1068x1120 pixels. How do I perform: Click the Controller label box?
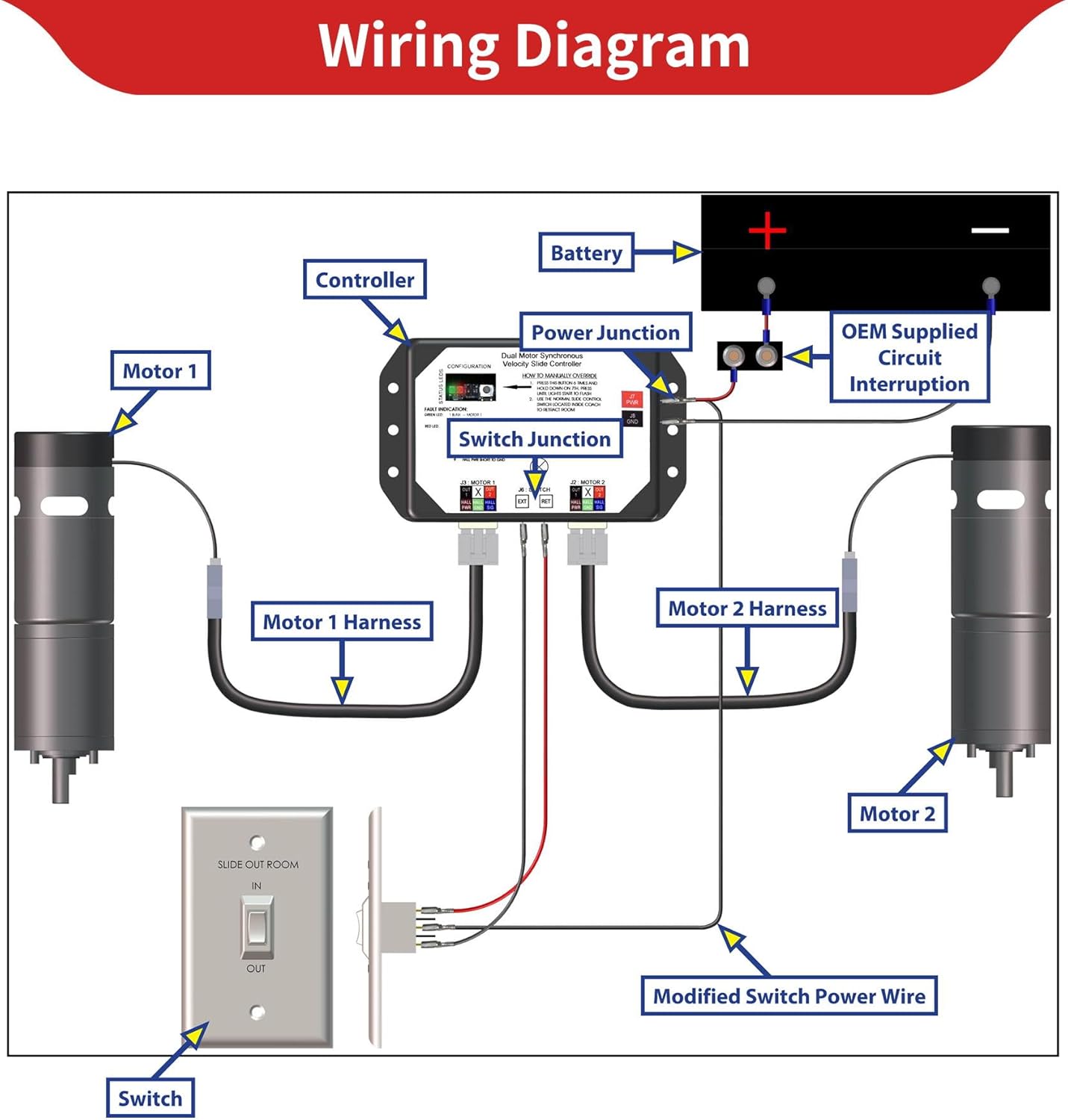click(x=365, y=280)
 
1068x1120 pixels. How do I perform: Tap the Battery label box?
click(x=586, y=253)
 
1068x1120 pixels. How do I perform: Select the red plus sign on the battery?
click(x=767, y=230)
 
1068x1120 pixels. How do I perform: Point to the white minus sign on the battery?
click(x=990, y=230)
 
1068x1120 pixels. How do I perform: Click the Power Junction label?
click(x=605, y=332)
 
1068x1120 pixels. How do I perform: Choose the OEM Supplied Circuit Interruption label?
click(x=909, y=358)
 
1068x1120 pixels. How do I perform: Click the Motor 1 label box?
click(x=160, y=371)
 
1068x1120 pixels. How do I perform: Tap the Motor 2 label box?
click(x=897, y=814)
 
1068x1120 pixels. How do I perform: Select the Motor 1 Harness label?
click(x=342, y=622)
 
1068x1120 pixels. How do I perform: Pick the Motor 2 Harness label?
click(x=747, y=609)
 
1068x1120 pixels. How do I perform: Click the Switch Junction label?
click(x=534, y=439)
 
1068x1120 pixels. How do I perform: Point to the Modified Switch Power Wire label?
click(x=789, y=996)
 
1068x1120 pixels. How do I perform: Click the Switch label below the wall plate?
click(x=150, y=1098)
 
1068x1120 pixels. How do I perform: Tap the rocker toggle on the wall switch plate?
click(x=257, y=927)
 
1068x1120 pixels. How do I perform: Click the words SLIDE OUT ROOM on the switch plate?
click(x=257, y=865)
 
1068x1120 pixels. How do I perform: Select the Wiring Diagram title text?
click(x=534, y=46)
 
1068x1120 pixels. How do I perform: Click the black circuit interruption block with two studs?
click(x=749, y=356)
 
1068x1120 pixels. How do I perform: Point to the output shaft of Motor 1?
click(x=60, y=784)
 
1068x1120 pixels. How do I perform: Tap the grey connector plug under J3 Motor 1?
click(x=478, y=544)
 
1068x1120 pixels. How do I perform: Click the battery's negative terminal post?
click(x=990, y=285)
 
